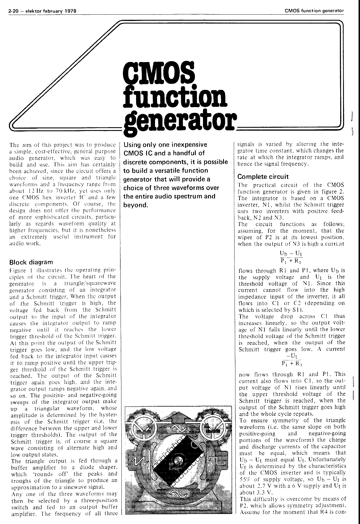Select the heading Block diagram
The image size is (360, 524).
31,262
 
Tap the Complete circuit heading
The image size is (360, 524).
263,177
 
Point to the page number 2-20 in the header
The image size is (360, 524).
14,11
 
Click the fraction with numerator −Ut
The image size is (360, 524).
291,359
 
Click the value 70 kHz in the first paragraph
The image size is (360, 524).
68,191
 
